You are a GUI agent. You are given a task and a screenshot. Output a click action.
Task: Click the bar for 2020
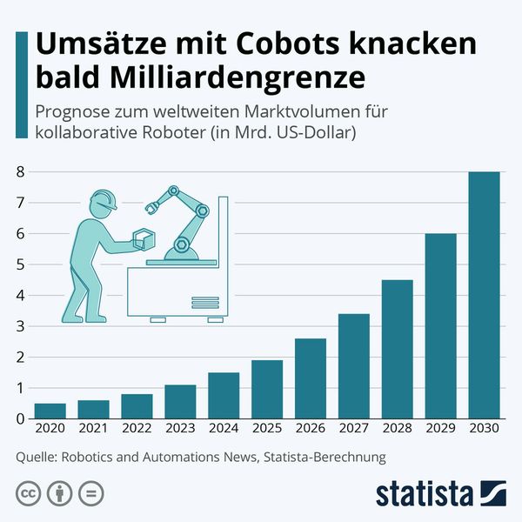[x=49, y=412]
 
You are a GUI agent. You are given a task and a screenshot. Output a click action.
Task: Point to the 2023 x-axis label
[x=181, y=429]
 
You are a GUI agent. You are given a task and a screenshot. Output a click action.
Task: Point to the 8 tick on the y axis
[x=20, y=172]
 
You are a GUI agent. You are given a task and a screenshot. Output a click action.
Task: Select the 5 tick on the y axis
[x=20, y=264]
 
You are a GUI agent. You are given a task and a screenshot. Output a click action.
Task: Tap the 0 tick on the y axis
[x=20, y=419]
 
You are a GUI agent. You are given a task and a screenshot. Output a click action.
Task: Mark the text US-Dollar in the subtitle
[x=313, y=133]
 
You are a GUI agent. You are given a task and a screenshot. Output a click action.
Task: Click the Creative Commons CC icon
[x=27, y=493]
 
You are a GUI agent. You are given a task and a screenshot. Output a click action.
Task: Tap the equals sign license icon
[x=90, y=493]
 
